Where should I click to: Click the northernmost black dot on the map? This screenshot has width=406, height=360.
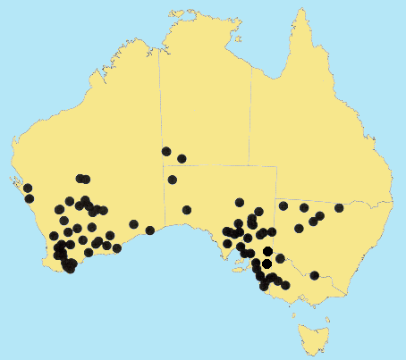tap(166, 151)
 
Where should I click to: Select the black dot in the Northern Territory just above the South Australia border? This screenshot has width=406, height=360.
tap(182, 159)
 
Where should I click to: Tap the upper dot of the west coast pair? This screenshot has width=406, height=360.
tap(27, 188)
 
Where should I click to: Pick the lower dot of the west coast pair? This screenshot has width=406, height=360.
tap(30, 198)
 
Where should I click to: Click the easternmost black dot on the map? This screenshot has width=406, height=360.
tap(339, 208)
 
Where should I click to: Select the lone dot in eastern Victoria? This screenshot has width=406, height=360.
tap(314, 275)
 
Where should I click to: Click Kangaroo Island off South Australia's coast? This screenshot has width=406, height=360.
tap(234, 261)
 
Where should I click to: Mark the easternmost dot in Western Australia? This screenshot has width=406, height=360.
tap(150, 230)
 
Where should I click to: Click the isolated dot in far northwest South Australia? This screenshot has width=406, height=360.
tap(173, 180)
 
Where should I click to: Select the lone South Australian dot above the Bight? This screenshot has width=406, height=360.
tap(187, 210)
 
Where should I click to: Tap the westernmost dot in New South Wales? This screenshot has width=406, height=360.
tap(283, 206)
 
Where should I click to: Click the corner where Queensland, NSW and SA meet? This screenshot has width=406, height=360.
tap(275, 199)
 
